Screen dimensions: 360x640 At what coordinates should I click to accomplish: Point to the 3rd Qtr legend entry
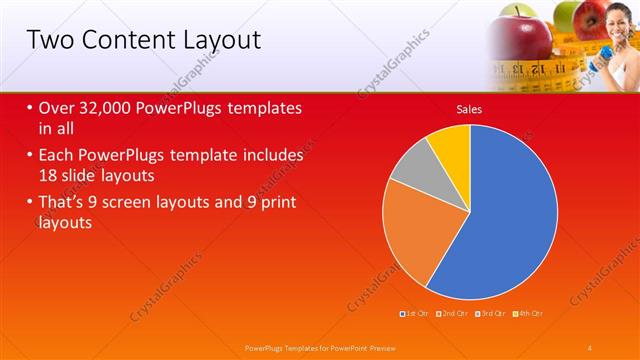click(490, 313)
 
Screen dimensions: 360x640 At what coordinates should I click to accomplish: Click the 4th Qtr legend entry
click(529, 313)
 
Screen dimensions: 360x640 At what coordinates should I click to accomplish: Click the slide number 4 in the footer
click(591, 347)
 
